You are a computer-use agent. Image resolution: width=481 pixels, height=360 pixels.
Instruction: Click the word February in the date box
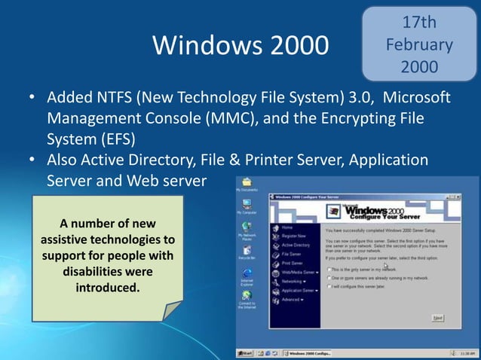coord(419,44)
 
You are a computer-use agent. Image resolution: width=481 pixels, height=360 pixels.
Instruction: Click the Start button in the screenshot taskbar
coord(245,352)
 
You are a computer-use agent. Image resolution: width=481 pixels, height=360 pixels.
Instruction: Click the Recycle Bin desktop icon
coord(247,252)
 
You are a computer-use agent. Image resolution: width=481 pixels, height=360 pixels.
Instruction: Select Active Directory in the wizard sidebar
coord(296,245)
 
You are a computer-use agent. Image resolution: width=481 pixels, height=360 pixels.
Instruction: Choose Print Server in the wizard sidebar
coord(292,263)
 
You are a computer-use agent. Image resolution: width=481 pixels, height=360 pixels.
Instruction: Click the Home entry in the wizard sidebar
coord(286,227)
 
